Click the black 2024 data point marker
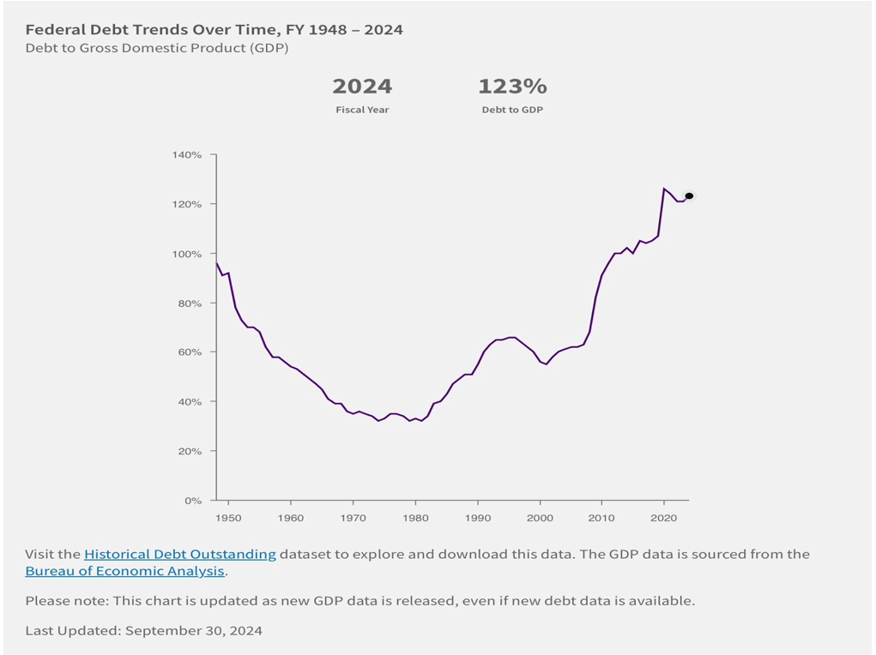click(x=689, y=196)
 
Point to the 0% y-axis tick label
click(x=194, y=501)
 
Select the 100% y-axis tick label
click(x=190, y=254)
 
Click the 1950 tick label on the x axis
click(x=229, y=518)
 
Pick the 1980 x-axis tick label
click(x=415, y=518)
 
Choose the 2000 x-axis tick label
click(x=540, y=518)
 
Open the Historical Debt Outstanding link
click(x=180, y=555)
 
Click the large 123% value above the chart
click(x=512, y=87)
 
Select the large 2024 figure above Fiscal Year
click(x=362, y=87)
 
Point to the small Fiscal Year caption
click(x=362, y=110)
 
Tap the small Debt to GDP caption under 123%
click(x=512, y=110)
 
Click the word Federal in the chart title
click(x=54, y=30)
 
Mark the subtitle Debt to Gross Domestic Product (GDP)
click(x=157, y=48)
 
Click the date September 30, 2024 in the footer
click(x=194, y=631)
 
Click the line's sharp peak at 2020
click(x=663, y=189)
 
